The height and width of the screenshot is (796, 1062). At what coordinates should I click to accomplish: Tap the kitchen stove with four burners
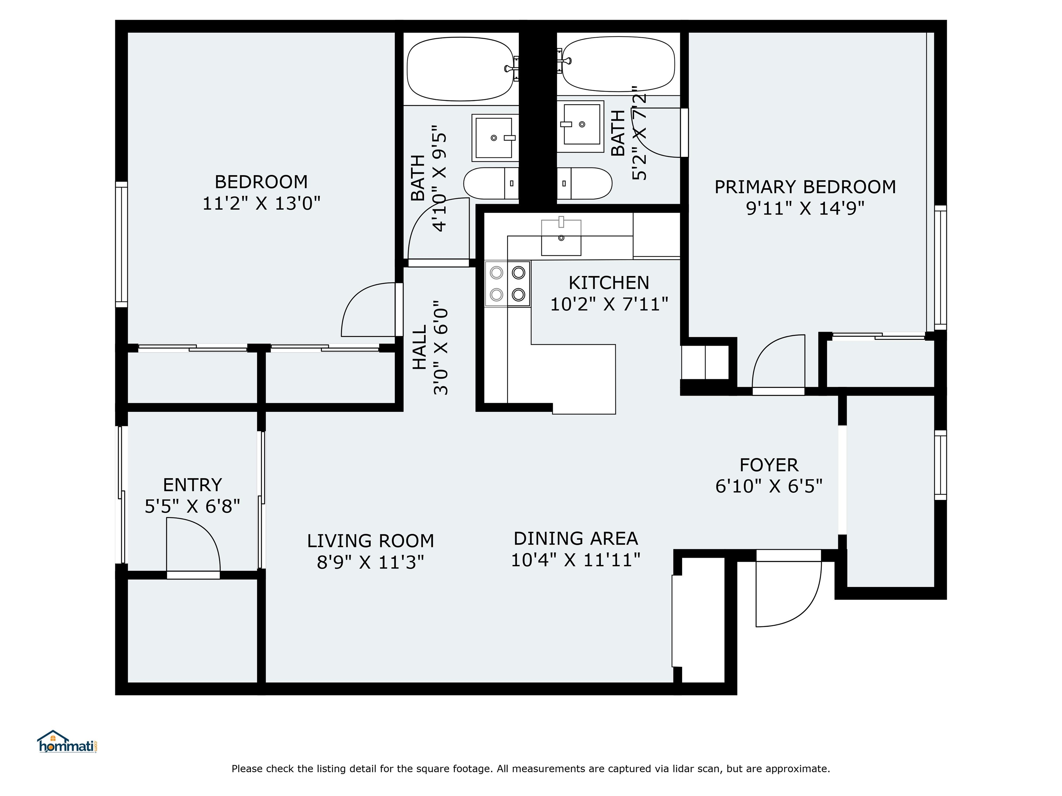[507, 284]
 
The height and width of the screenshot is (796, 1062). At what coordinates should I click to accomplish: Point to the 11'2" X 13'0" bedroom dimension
[261, 203]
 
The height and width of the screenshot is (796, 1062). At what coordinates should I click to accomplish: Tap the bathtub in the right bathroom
[618, 65]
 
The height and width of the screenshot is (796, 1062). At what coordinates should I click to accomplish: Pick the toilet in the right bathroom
[585, 183]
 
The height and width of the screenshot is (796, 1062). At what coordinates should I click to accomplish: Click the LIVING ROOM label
[370, 541]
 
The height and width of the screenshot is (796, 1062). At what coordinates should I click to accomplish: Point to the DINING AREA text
[575, 538]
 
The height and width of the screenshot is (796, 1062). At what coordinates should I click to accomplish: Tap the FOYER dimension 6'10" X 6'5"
[768, 486]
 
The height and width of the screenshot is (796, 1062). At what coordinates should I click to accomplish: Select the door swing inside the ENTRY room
[192, 547]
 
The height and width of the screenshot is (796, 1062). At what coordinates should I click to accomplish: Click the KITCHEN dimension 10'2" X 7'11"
[609, 304]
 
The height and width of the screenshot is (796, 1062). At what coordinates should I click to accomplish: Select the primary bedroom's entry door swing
[778, 362]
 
